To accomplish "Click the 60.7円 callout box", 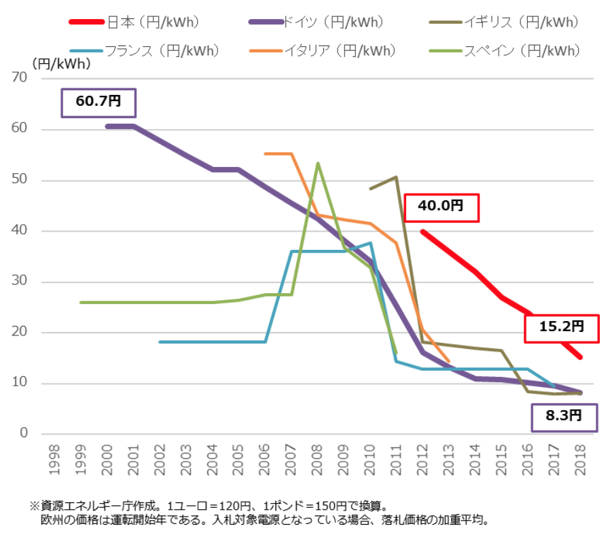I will (99, 103).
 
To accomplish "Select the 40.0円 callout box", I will (442, 207).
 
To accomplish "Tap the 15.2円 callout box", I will (562, 327).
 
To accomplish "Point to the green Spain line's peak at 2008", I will (318, 164).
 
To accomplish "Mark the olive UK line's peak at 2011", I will (396, 177).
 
